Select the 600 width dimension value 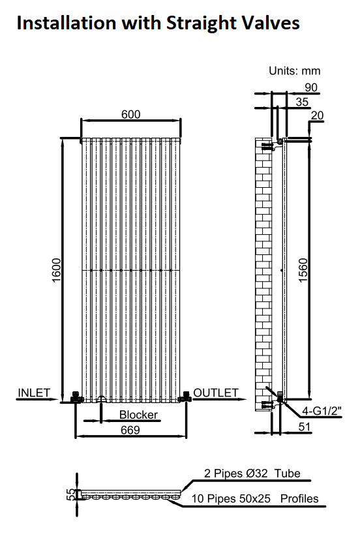click(131, 114)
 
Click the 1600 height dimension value click(56, 270)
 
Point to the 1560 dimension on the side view click(303, 270)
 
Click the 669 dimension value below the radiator click(130, 430)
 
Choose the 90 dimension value click(311, 87)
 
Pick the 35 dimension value click(302, 102)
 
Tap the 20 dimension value click(317, 115)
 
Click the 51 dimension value click(305, 427)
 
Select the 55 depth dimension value click(70, 494)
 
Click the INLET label click(34, 393)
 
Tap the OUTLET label click(216, 393)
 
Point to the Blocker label click(138, 414)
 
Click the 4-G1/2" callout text click(322, 411)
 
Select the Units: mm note click(295, 71)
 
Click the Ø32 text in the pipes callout click(258, 473)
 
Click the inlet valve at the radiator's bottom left click(76, 397)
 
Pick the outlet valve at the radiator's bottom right click(185, 397)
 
